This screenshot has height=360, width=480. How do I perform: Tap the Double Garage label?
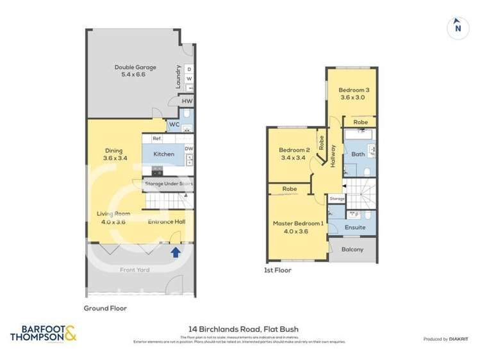click(x=135, y=71)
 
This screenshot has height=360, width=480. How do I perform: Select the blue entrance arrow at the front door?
click(x=174, y=252)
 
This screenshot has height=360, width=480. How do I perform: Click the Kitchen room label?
click(x=163, y=154)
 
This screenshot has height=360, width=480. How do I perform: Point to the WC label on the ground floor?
click(x=173, y=124)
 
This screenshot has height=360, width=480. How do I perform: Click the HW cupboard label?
click(x=186, y=101)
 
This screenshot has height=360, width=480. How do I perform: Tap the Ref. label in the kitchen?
click(x=157, y=138)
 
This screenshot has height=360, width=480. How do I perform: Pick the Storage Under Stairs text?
click(x=169, y=184)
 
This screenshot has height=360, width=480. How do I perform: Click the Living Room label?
click(x=113, y=218)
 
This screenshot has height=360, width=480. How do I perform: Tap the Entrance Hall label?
click(x=166, y=222)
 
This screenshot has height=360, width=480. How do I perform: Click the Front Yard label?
click(x=135, y=270)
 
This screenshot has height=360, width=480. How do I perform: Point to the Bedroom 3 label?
click(x=354, y=94)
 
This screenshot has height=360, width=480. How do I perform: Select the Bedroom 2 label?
click(x=294, y=154)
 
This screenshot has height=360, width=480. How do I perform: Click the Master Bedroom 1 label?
click(x=298, y=227)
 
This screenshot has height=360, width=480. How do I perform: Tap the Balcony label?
click(x=352, y=249)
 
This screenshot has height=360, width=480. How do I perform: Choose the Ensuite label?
click(x=354, y=227)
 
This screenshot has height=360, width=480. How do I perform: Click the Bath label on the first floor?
click(x=358, y=154)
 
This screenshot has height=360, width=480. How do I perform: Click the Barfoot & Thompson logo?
click(x=43, y=334)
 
